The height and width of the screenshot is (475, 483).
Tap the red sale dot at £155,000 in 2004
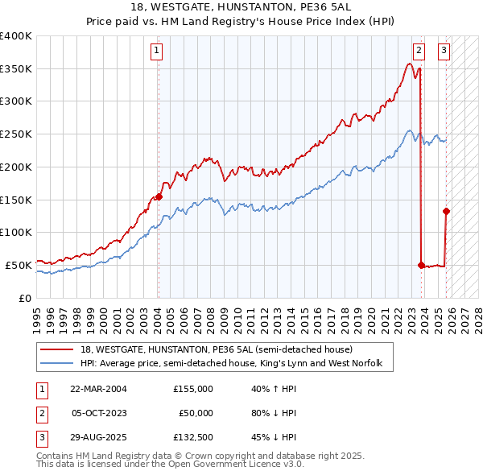pos(159,196)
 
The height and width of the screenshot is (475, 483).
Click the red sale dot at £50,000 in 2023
pos(421,264)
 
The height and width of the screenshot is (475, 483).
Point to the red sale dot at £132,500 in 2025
pos(446,211)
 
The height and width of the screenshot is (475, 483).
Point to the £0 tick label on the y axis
pos(25,298)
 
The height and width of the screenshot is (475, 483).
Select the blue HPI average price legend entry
pos(236,364)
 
